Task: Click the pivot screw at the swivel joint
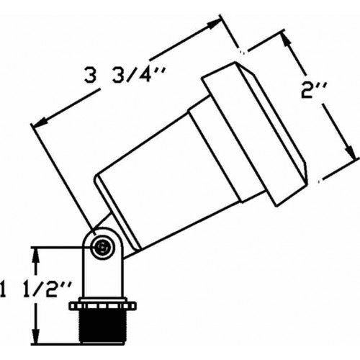click(104, 247)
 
